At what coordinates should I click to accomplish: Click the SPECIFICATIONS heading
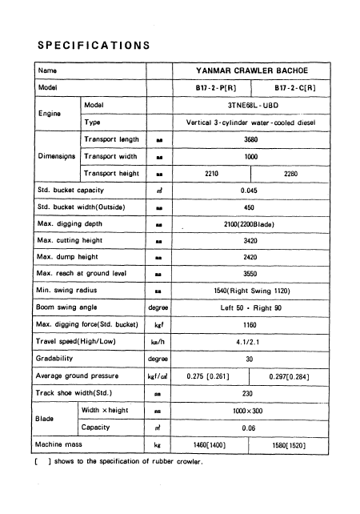click(x=94, y=45)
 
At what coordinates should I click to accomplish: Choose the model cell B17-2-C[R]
click(x=290, y=88)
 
